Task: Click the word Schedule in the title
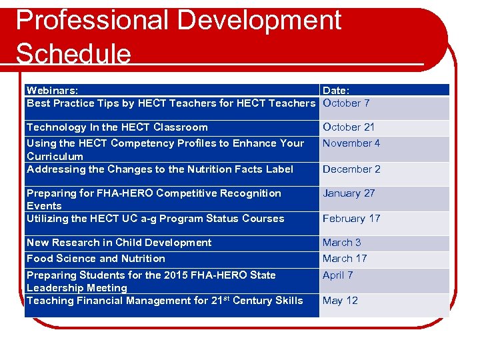73,53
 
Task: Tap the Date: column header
336,90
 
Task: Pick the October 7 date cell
346,103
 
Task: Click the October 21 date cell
349,127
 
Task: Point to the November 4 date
351,143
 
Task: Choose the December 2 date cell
351,169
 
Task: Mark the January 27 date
349,193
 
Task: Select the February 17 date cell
351,219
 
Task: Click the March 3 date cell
342,243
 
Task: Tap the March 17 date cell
345,259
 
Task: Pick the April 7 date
338,275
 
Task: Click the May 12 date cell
340,301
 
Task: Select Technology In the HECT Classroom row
117,127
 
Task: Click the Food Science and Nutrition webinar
96,259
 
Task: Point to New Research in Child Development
119,243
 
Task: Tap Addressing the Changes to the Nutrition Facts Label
160,169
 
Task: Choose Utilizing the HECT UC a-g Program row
155,219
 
